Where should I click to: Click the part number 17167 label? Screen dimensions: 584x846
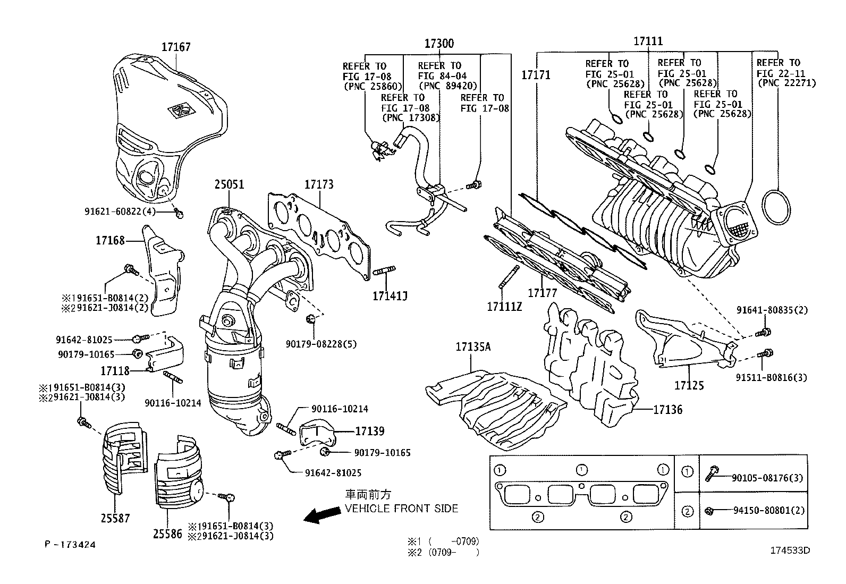pyautogui.click(x=176, y=47)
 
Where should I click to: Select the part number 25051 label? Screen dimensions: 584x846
pyautogui.click(x=229, y=184)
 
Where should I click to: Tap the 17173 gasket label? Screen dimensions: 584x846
pyautogui.click(x=319, y=184)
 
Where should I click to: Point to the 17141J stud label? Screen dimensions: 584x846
pyautogui.click(x=389, y=296)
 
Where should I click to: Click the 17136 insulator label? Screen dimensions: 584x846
pyautogui.click(x=667, y=410)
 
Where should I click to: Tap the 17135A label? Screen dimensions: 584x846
pyautogui.click(x=472, y=347)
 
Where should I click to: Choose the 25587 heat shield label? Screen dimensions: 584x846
pyautogui.click(x=115, y=518)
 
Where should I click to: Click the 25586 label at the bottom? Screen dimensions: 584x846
pyautogui.click(x=167, y=535)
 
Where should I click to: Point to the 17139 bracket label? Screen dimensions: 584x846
pyautogui.click(x=369, y=431)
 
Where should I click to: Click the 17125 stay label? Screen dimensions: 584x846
pyautogui.click(x=689, y=385)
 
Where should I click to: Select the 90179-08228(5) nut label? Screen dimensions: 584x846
pyautogui.click(x=321, y=344)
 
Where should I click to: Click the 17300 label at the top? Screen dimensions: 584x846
pyautogui.click(x=439, y=44)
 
